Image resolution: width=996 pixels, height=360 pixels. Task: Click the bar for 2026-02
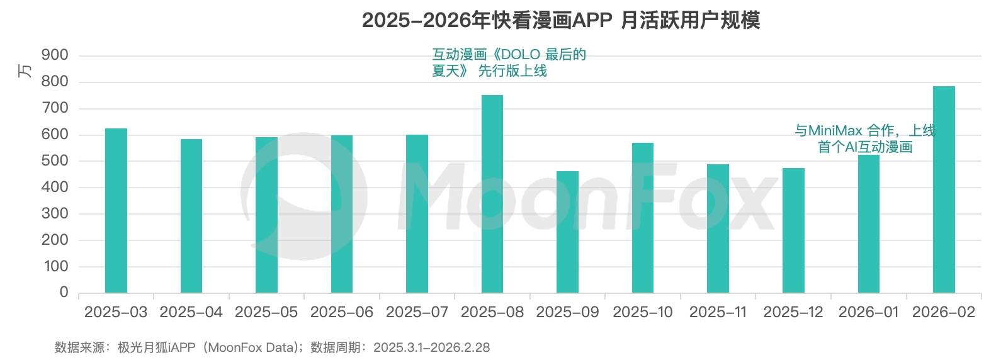[943, 189]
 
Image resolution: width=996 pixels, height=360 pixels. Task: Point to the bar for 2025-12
[793, 230]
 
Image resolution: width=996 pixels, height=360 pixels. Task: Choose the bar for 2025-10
[643, 218]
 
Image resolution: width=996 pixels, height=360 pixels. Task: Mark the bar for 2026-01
[868, 223]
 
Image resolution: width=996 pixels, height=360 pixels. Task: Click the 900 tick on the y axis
[55, 55]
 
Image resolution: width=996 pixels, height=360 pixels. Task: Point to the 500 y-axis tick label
[55, 161]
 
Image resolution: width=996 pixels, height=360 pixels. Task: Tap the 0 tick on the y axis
[64, 292]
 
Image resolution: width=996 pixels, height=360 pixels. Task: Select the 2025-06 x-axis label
[341, 312]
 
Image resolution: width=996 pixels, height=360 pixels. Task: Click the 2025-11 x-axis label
[718, 312]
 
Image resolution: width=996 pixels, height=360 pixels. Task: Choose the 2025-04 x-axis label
[191, 312]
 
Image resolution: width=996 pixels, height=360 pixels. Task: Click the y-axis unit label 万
[25, 70]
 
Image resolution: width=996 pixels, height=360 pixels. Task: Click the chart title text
[560, 20]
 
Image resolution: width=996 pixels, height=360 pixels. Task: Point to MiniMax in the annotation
[835, 131]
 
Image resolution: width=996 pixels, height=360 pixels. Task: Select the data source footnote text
[272, 347]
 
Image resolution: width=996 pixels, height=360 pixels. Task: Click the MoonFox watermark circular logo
[303, 196]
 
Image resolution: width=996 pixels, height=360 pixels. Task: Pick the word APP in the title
[592, 20]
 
